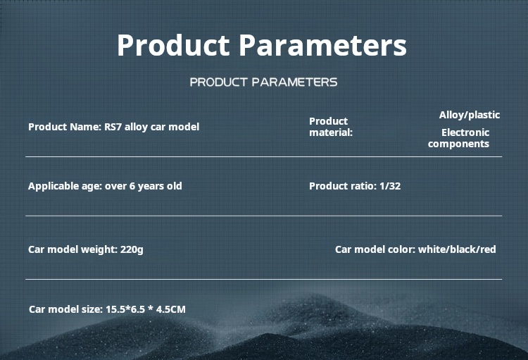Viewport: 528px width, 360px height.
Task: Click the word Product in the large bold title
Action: pos(173,45)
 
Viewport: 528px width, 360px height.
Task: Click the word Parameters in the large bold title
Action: pos(323,45)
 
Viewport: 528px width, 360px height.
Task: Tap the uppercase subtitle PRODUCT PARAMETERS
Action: pos(264,82)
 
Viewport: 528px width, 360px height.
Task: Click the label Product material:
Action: pos(331,127)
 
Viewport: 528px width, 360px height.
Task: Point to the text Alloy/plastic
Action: pos(470,116)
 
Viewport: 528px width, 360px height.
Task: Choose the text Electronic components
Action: pos(458,138)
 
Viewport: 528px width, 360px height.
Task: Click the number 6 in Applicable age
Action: pos(132,186)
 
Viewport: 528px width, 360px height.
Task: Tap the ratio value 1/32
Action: pos(390,186)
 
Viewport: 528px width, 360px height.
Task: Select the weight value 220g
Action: pos(132,250)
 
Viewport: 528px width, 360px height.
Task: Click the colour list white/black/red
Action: pos(457,249)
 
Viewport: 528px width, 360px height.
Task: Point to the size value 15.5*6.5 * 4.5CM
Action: pos(146,309)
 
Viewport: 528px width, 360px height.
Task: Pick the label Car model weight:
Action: pos(73,250)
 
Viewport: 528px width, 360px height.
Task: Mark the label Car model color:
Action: pos(375,249)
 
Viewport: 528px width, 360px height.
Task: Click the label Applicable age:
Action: pos(65,187)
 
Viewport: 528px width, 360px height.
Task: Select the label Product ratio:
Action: pos(343,186)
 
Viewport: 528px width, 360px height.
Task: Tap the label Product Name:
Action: pos(65,127)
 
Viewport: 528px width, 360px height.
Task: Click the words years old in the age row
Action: pos(160,187)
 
